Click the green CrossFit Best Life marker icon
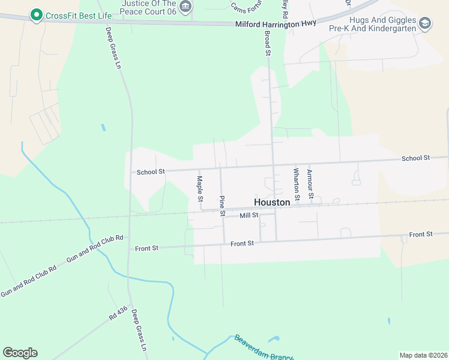click(36, 14)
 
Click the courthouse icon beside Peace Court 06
click(186, 7)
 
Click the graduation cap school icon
click(425, 23)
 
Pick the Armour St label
click(310, 184)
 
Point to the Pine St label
click(222, 206)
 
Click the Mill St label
click(249, 215)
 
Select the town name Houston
click(272, 203)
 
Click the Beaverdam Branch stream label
click(264, 348)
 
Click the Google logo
click(20, 353)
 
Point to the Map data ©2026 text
click(423, 355)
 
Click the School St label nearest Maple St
click(151, 172)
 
